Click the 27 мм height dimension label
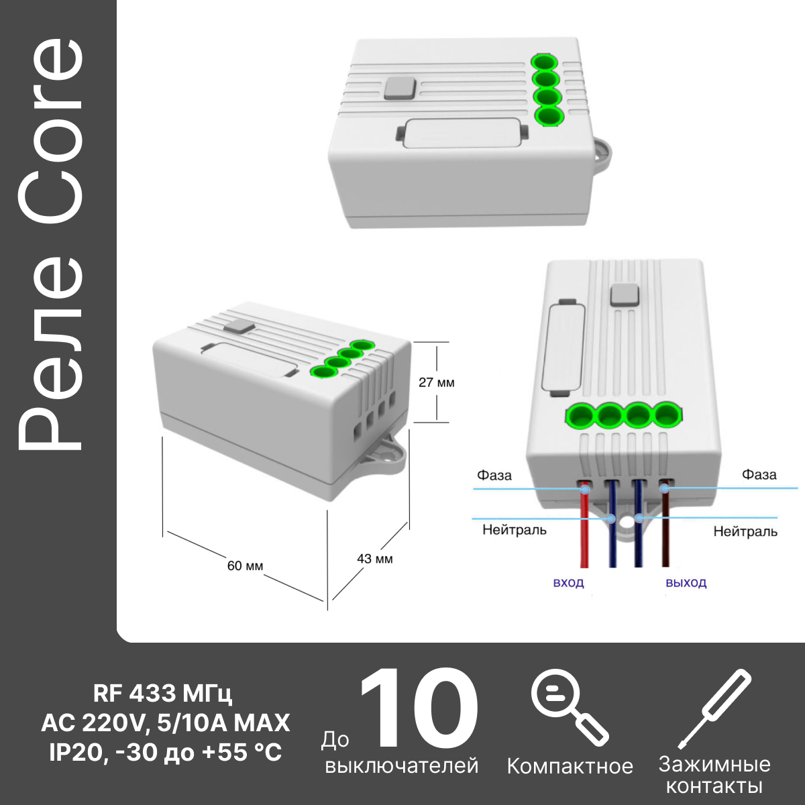[x=437, y=382]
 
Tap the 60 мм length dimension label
[x=246, y=566]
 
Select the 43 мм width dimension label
[x=375, y=559]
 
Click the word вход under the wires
[x=568, y=583]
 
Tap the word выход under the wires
[x=686, y=583]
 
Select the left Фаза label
[x=494, y=475]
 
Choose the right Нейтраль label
[x=745, y=531]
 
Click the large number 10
[x=418, y=706]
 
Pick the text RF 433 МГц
[x=162, y=694]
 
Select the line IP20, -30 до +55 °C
[x=166, y=753]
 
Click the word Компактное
[x=570, y=767]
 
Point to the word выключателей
[x=401, y=765]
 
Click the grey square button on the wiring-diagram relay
[x=625, y=295]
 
